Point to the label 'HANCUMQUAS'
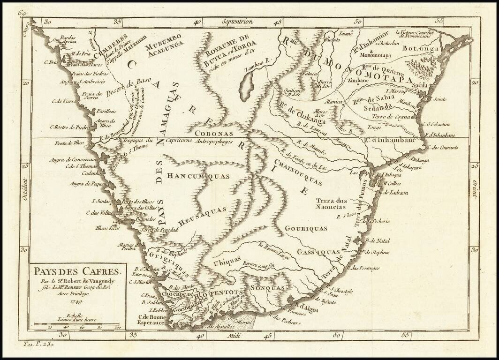click(x=192, y=177)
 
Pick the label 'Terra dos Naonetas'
click(x=331, y=203)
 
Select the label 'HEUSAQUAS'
click(x=203, y=214)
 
